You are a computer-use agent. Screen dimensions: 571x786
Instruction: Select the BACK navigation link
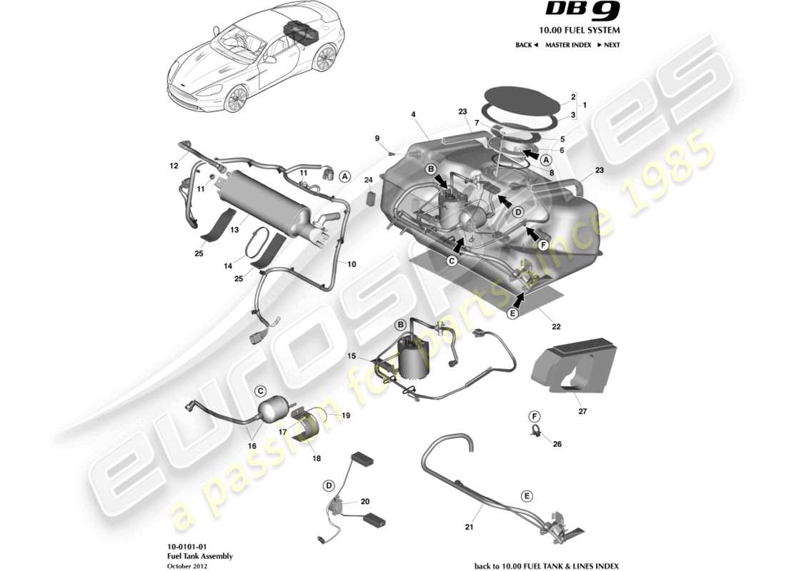point(527,45)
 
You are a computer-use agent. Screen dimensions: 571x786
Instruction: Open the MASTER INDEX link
point(568,45)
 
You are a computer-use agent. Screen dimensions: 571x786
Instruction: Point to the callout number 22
point(555,326)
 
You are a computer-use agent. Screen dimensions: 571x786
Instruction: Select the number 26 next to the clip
point(557,443)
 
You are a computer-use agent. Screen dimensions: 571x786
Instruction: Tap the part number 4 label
point(413,114)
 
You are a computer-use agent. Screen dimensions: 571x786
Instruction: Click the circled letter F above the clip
point(534,415)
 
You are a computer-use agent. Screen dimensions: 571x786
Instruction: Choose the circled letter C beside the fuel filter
point(261,390)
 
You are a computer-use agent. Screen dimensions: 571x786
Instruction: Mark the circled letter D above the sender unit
point(329,485)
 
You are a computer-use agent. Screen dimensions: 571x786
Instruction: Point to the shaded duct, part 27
point(572,368)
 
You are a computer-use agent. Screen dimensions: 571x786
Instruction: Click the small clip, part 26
point(535,431)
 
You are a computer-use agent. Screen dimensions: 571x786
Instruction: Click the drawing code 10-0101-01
point(180,546)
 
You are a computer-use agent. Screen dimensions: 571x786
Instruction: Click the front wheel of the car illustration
point(235,98)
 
